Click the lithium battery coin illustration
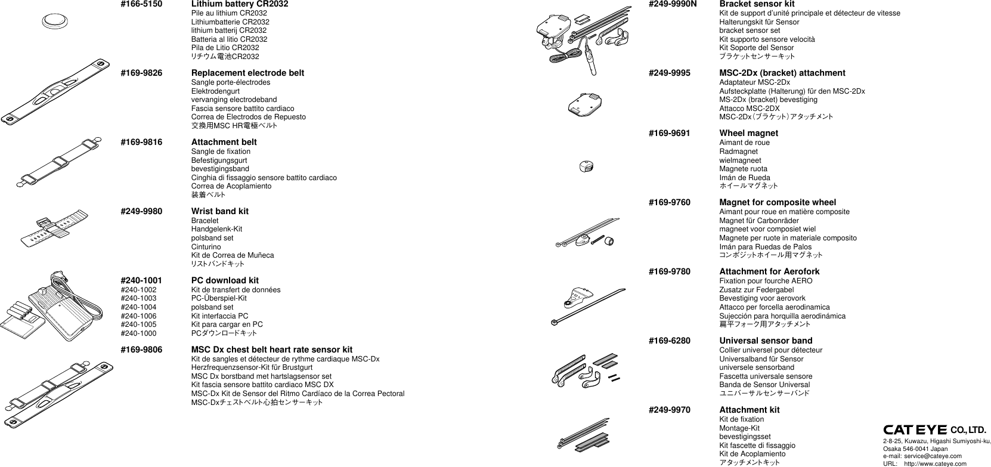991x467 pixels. click(55, 21)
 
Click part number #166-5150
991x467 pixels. click(141, 4)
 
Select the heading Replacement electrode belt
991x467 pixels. click(247, 73)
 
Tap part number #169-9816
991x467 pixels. click(141, 142)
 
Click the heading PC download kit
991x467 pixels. click(225, 280)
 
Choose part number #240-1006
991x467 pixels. click(138, 316)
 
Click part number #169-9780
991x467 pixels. click(669, 271)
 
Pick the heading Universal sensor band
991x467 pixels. click(766, 341)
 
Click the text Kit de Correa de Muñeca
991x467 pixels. click(232, 255)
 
